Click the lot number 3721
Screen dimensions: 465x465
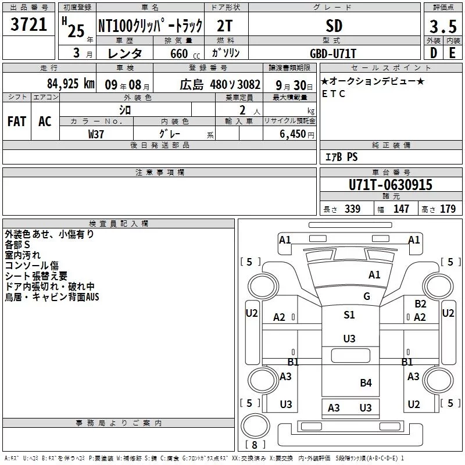point(28,24)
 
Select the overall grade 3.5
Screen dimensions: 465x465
point(443,27)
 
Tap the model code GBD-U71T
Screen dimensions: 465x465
point(332,53)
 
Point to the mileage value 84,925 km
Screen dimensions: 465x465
point(71,84)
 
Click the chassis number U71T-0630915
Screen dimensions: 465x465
point(390,185)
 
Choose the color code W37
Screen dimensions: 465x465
point(96,134)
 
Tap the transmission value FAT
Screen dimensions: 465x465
point(17,121)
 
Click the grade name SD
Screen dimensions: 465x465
point(334,26)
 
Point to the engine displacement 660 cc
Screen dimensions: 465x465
point(185,53)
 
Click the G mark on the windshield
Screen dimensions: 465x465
point(367,296)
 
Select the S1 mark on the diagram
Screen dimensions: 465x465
point(349,314)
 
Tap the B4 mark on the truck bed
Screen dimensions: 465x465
point(366,383)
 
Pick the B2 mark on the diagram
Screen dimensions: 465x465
point(420,303)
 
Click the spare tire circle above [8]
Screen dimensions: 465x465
point(255,425)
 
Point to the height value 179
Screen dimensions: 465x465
point(448,209)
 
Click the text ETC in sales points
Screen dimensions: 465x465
point(334,94)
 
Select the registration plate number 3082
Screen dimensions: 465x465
point(249,85)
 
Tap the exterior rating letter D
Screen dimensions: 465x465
point(434,53)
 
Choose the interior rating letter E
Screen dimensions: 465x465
point(452,53)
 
